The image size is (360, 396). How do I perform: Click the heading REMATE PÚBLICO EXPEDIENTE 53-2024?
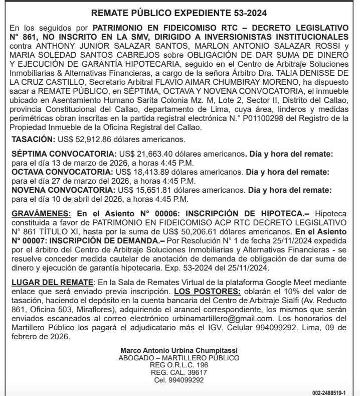179,9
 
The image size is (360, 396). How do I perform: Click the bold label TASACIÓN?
31,140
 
